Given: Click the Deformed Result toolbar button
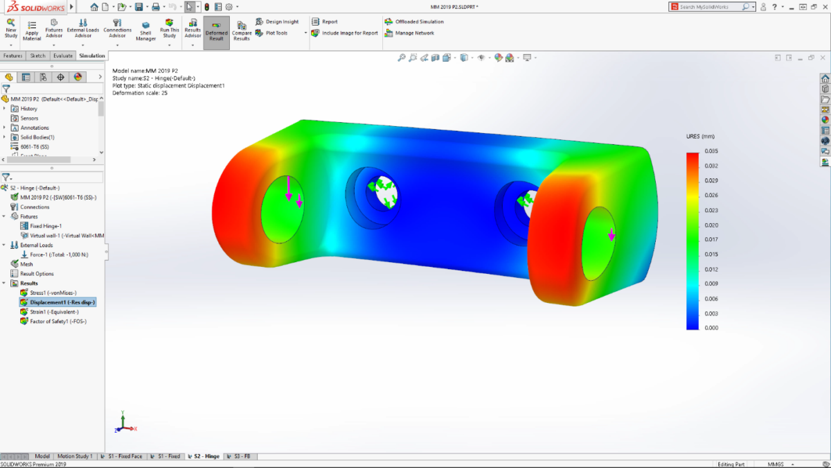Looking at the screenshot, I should [216, 32].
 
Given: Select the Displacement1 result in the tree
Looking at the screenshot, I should [62, 302].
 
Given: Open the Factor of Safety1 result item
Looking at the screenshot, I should [57, 321].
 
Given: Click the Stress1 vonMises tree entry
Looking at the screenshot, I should [53, 293].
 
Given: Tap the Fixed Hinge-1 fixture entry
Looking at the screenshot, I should [46, 226].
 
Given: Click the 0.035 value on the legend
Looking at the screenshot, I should [711, 150].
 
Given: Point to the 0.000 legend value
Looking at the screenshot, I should [711, 327].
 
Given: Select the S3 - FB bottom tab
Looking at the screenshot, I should [242, 456].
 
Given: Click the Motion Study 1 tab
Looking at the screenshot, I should [75, 456].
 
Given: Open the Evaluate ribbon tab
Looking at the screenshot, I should [62, 55].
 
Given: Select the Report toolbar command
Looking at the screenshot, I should [330, 21].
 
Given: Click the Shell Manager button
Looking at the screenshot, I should [145, 32].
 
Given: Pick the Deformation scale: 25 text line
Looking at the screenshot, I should [140, 93].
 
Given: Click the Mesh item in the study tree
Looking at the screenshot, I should [26, 264].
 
